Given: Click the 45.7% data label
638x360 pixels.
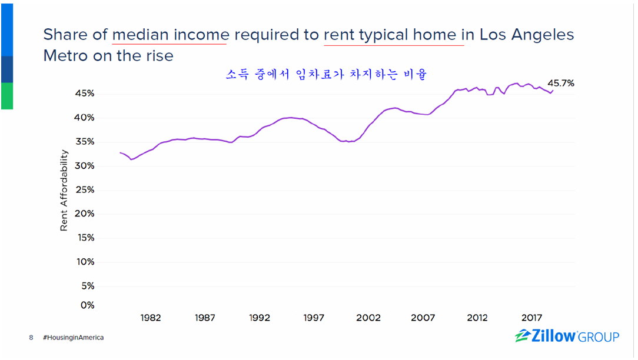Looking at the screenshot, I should [x=561, y=84].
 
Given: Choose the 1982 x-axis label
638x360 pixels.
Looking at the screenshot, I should [x=151, y=318].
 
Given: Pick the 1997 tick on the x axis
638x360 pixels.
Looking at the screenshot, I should [x=314, y=318].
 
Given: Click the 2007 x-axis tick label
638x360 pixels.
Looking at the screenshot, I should [x=423, y=318].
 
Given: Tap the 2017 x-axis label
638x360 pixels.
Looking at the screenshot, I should [x=532, y=318].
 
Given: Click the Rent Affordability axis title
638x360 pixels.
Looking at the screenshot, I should [x=64, y=190].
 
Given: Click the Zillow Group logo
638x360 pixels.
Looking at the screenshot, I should [x=566, y=336].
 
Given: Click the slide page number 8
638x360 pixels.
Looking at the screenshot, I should [x=31, y=338].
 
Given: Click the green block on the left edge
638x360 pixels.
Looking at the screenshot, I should [x=6, y=96].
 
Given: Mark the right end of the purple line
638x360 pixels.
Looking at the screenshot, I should [x=553, y=90].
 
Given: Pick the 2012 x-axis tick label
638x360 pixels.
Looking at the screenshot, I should [x=477, y=318].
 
